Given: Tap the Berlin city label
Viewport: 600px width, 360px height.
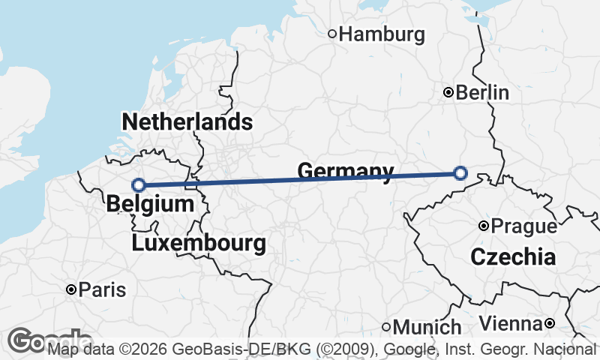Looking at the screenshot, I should click(482, 93).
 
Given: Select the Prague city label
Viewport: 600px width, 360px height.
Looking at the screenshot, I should click(524, 226).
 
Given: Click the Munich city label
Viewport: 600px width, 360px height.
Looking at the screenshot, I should click(427, 327).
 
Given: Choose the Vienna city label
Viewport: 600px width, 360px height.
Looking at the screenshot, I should click(510, 323).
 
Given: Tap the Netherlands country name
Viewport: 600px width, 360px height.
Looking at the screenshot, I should click(187, 122).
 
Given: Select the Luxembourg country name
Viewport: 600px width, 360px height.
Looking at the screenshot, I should click(198, 243).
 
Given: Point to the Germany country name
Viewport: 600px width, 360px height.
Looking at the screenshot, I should click(345, 172).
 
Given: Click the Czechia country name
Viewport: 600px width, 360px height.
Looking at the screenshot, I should click(513, 258).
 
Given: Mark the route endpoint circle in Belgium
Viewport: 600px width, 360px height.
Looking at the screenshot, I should click(139, 184).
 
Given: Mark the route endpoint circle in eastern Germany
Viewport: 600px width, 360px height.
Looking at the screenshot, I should click(460, 173).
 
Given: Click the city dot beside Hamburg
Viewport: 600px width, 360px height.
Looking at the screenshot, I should click(333, 34).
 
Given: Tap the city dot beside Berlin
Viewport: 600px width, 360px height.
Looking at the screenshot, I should click(448, 92).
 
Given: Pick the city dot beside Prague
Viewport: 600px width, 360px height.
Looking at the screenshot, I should click(484, 226).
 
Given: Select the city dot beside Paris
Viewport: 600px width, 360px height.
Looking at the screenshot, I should click(70, 289).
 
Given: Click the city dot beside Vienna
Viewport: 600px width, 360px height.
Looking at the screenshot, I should click(550, 323).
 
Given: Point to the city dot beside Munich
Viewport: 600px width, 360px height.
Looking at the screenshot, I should click(386, 327).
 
